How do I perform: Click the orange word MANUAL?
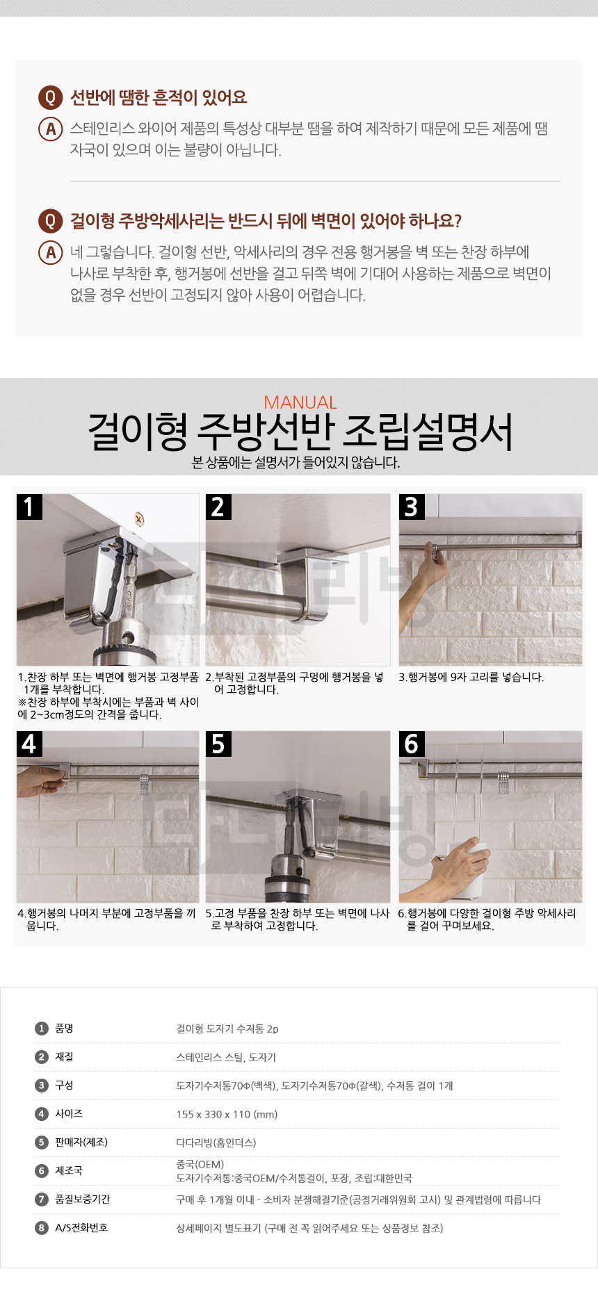(300, 402)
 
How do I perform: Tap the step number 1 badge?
(29, 507)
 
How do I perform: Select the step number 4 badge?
(29, 744)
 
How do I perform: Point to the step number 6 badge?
(412, 744)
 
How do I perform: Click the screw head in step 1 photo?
(139, 518)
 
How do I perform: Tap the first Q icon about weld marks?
(50, 97)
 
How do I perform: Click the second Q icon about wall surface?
(50, 222)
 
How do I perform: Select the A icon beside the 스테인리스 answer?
(50, 129)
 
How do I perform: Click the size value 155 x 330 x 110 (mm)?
(227, 1114)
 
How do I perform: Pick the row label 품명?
(64, 1029)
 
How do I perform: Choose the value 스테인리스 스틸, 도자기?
(226, 1057)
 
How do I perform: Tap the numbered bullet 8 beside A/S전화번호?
(42, 1228)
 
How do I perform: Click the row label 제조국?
(69, 1171)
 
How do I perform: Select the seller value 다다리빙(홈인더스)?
(216, 1143)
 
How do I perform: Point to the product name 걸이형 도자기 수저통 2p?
(227, 1029)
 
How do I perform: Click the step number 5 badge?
(218, 744)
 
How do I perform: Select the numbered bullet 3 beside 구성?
(42, 1086)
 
